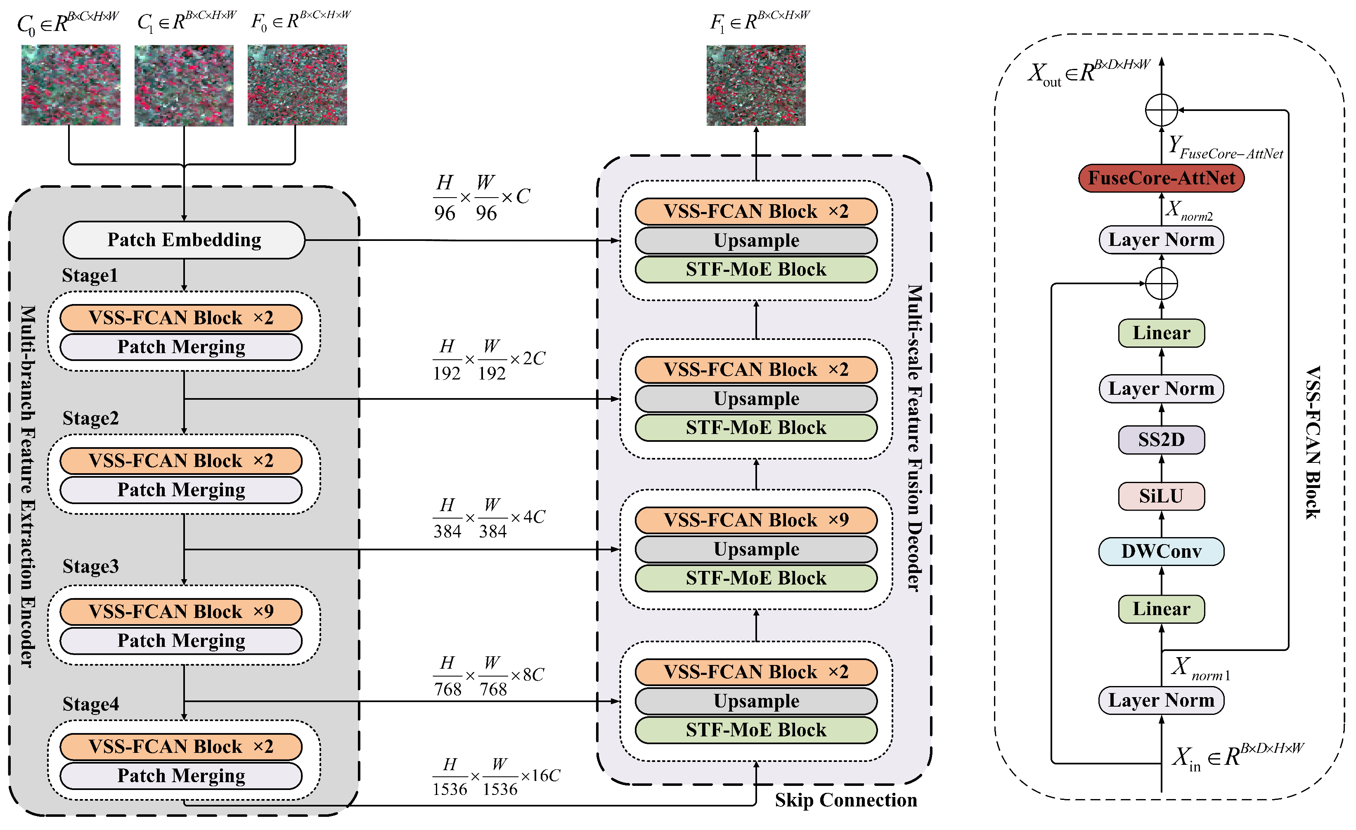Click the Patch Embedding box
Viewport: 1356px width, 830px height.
click(x=184, y=240)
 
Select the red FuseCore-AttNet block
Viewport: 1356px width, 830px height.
click(x=1161, y=178)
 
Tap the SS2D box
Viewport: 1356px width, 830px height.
click(x=1161, y=439)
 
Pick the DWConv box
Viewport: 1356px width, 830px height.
click(x=1161, y=551)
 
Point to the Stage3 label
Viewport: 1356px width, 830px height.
click(x=91, y=566)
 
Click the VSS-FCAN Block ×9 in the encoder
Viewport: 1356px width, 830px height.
click(x=181, y=611)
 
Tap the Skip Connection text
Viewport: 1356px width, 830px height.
click(x=846, y=800)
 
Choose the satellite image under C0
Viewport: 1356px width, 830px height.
click(x=71, y=85)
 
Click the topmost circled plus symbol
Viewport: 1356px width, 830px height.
click(x=1161, y=110)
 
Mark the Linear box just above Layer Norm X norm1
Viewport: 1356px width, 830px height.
click(x=1161, y=609)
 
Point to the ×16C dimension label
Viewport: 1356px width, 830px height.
click(x=540, y=776)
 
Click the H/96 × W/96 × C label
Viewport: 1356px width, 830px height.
click(x=482, y=198)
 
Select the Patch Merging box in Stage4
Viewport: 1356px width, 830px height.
click(x=181, y=776)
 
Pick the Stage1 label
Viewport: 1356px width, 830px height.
click(x=90, y=275)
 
